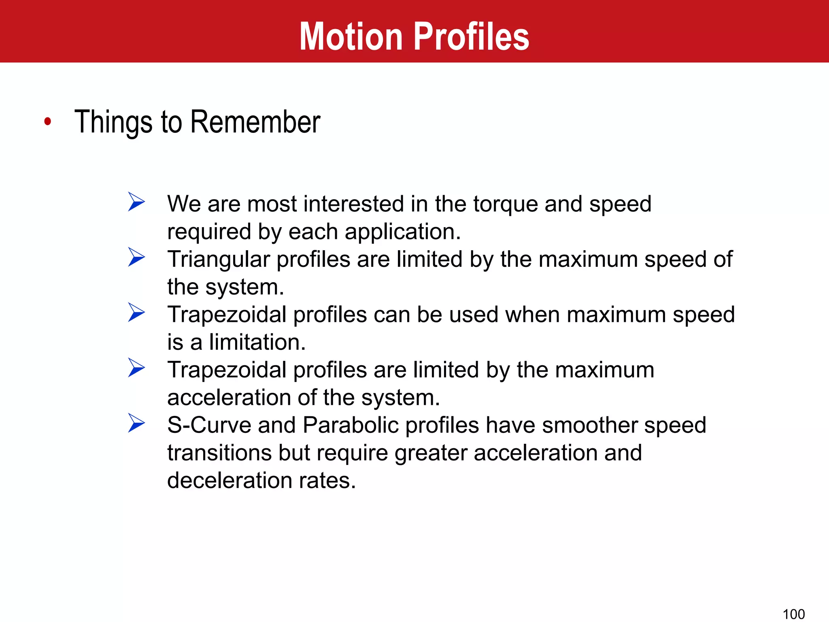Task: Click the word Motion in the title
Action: tap(351, 36)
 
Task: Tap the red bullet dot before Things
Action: tap(48, 121)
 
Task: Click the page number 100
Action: tap(793, 614)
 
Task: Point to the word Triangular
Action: tap(219, 260)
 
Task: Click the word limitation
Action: tap(257, 342)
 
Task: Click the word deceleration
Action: tap(230, 481)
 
